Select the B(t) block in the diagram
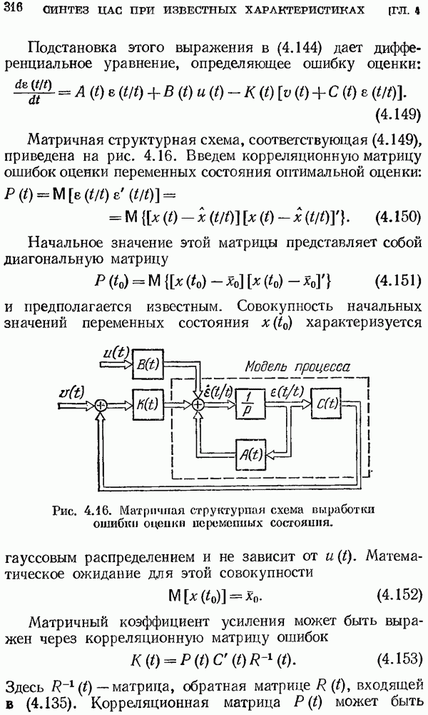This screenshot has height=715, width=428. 148,364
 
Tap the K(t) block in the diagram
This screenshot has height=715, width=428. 148,404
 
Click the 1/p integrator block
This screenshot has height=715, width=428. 250,404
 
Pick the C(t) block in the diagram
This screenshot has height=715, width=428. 326,403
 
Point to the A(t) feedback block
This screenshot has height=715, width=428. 250,454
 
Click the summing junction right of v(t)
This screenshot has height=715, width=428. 101,404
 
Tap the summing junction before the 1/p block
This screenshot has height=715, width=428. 198,404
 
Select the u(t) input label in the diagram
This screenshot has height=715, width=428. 116,352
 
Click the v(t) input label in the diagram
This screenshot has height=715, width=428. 72,393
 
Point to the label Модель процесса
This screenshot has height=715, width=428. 297,366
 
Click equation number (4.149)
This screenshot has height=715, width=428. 398,115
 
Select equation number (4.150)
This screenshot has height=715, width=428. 398,217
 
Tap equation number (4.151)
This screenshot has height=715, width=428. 398,281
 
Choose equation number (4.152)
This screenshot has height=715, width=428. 398,595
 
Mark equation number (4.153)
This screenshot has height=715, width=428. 398,659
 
